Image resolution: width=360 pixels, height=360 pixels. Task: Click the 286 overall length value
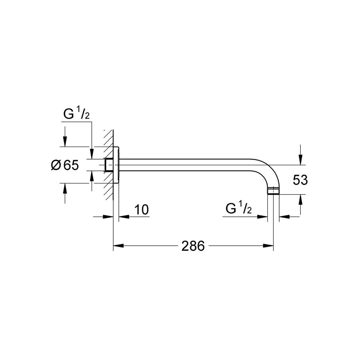pos(193,246)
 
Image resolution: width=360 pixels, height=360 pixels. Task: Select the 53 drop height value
pos(300,180)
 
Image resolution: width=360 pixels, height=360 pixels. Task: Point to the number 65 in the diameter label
pos(71,165)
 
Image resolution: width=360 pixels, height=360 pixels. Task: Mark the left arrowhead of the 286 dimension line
pos(117,246)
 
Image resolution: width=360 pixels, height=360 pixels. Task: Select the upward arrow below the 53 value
pos(300,199)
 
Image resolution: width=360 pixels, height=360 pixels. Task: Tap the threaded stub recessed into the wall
pos(108,165)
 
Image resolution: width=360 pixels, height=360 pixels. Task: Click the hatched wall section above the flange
pos(108,138)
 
